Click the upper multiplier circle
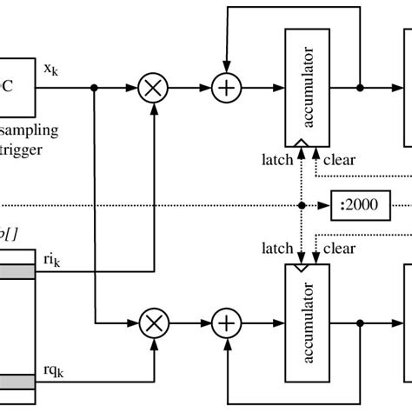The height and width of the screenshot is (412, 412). pos(154,88)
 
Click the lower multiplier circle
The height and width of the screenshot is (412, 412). pos(154,323)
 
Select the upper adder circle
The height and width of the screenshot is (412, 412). pos(227,88)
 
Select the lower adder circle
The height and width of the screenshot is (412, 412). pos(227,323)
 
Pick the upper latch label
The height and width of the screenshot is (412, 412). pos(277,159)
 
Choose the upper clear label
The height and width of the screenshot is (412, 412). pos(339,159)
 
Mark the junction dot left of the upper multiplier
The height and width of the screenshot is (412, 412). pos(94,88)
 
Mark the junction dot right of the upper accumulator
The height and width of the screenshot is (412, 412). pos(361,88)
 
